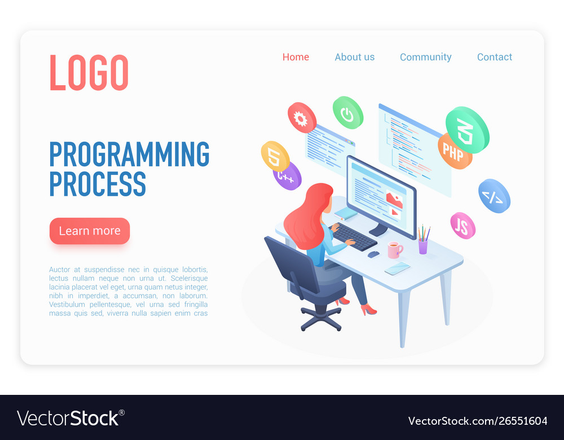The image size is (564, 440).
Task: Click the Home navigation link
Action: [x=296, y=57]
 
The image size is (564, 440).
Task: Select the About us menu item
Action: [x=354, y=57]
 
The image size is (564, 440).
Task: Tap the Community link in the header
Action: [x=425, y=57]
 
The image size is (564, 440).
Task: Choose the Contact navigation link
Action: [x=494, y=57]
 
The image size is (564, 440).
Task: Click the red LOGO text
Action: [x=89, y=73]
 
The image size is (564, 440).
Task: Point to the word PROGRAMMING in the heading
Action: [x=129, y=154]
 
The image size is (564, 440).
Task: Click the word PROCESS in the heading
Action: [x=98, y=184]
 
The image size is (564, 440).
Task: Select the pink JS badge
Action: [x=462, y=226]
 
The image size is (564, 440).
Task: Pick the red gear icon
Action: [x=302, y=118]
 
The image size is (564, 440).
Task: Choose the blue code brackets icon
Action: [x=494, y=196]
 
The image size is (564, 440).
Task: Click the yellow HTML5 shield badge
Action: [x=275, y=156]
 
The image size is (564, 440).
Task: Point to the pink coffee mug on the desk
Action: [x=394, y=249]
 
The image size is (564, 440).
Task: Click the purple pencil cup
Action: [x=422, y=245]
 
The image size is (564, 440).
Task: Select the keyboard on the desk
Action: [x=355, y=236]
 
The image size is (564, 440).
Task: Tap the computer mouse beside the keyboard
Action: [x=373, y=254]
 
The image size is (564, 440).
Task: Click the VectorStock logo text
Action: [x=70, y=419]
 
